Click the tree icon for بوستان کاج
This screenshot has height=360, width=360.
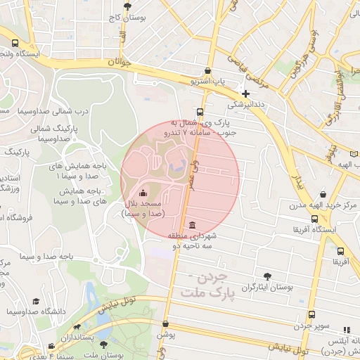click(127, 6)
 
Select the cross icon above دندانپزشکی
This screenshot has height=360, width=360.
click(245, 94)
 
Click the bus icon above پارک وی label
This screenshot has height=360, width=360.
click(200, 112)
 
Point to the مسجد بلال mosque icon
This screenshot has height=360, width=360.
click(144, 193)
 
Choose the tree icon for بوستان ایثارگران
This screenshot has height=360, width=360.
click(266, 276)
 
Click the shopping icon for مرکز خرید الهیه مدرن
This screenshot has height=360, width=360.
click(323, 194)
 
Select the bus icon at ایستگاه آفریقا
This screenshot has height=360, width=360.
click(314, 219)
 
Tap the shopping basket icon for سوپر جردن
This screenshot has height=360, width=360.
click(311, 315)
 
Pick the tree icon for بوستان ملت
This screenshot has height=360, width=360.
click(104, 345)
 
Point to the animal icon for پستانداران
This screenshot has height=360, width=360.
click(77, 327)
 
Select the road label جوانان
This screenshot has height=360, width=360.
click(120, 63)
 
